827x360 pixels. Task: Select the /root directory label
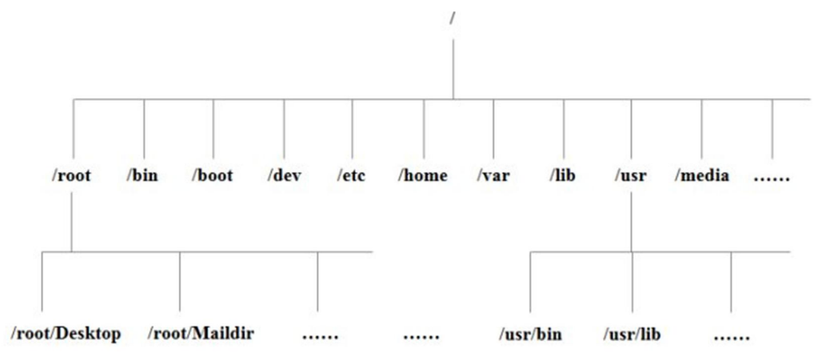coord(72,176)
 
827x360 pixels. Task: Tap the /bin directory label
coord(144,176)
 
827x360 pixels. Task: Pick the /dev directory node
coord(283,176)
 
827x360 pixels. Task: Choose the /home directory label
coord(423,176)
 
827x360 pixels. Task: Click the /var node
coord(494,176)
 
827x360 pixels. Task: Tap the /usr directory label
coord(631,176)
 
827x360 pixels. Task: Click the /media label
coord(702,176)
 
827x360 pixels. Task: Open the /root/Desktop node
coord(66,332)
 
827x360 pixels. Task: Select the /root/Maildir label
coord(201,332)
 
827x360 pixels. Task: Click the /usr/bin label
coord(530,332)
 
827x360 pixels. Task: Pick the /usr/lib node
coord(632,332)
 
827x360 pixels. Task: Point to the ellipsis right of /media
coord(771,177)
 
